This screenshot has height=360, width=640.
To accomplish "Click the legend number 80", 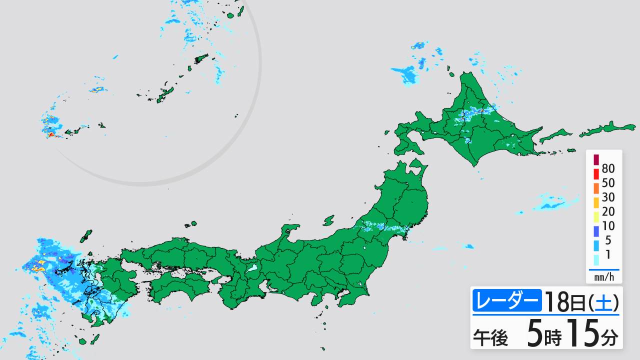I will pos(608,168).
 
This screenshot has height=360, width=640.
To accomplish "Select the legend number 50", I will pos(608,183).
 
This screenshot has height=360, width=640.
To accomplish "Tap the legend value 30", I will pos(608,197).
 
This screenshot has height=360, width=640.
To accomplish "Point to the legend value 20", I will pos(608,211).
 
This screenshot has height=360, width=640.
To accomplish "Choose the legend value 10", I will pos(608,226).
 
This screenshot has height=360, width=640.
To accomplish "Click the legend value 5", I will pos(608,240).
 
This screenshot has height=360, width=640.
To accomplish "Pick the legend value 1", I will pos(608,254).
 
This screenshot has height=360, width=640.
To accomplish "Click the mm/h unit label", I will pos(604,277).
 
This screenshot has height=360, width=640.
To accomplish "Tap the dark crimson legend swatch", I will pos(596,160).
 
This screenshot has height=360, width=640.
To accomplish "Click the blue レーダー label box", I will pos(506,301).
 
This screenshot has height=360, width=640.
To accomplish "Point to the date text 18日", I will pos(563,301).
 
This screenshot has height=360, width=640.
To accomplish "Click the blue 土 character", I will pos(604,302).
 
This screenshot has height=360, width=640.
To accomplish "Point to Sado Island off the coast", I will pos(328,220).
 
